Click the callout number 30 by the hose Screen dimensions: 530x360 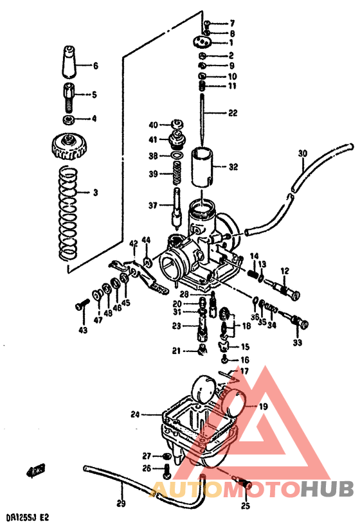click(x=303, y=154)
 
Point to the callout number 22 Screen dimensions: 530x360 click(x=232, y=113)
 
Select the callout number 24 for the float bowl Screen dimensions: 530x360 click(x=135, y=414)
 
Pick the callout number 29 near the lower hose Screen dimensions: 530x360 click(x=121, y=503)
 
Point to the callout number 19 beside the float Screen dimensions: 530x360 click(x=264, y=407)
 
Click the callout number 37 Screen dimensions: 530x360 click(x=153, y=206)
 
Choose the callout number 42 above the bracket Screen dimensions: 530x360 click(x=133, y=243)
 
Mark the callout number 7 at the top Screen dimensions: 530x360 click(x=232, y=24)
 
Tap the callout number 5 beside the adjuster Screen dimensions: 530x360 click(x=94, y=95)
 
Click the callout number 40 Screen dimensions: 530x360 click(x=153, y=125)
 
